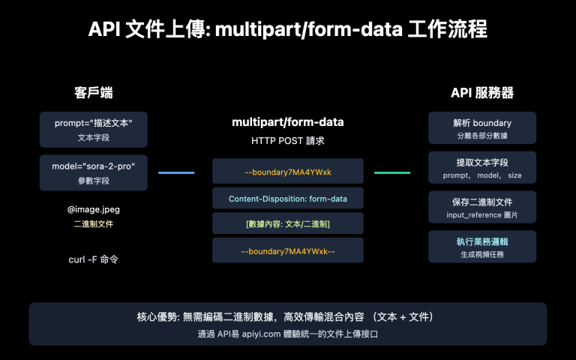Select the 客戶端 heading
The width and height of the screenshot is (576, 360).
click(x=94, y=93)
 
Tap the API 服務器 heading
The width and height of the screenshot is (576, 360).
click(x=481, y=93)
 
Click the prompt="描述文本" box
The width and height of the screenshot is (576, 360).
click(x=94, y=128)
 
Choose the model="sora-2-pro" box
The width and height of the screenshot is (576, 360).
click(x=94, y=172)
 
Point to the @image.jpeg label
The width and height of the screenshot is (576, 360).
click(x=94, y=210)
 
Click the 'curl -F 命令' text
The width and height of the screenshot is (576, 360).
click(x=94, y=259)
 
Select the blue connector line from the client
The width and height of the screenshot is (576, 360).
click(x=176, y=172)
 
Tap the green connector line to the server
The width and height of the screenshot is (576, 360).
click(x=392, y=172)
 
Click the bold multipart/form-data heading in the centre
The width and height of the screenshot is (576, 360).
click(x=288, y=121)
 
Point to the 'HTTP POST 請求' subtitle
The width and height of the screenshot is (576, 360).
click(x=288, y=140)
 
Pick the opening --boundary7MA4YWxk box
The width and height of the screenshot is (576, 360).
click(x=288, y=172)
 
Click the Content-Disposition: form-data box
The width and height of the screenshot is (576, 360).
click(x=288, y=199)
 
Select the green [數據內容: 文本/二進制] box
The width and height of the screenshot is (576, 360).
click(x=288, y=224)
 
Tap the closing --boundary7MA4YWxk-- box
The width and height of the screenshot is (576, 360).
click(x=288, y=250)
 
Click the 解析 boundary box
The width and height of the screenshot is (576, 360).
click(x=481, y=128)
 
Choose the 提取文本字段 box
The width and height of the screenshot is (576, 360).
click(x=481, y=167)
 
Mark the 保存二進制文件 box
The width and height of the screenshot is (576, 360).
click(x=481, y=207)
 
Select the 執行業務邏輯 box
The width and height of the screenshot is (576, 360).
click(x=481, y=247)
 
